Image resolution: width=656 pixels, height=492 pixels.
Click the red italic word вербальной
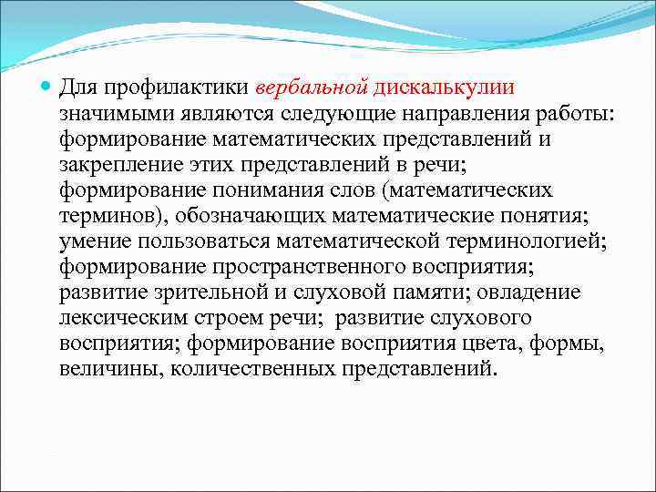coord(313,88)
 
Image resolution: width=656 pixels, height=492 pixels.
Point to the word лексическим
coord(121,319)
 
